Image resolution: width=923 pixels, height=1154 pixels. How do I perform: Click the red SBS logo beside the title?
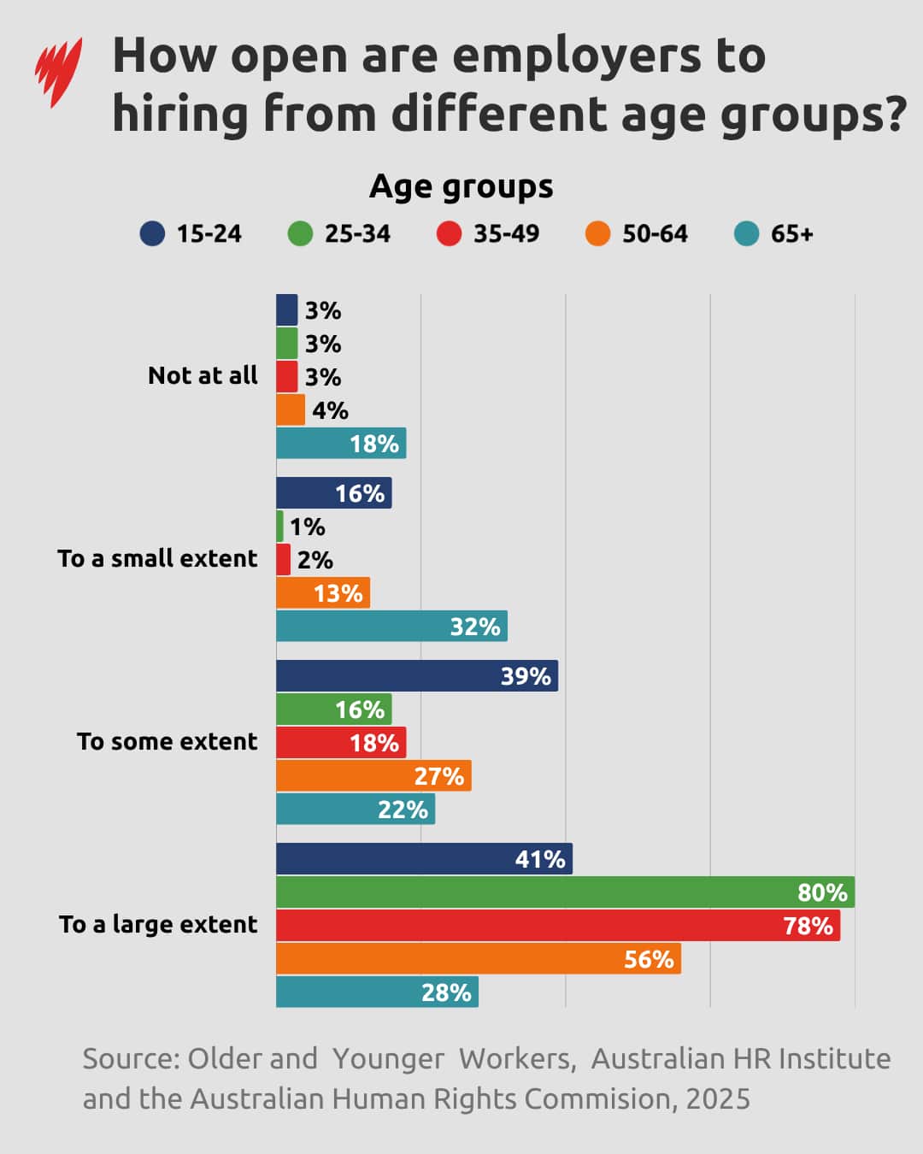point(58,72)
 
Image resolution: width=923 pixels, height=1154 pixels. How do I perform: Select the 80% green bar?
point(565,892)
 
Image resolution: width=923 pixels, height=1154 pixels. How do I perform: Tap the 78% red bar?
point(557,926)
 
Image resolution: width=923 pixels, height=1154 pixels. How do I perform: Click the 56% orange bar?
point(478,959)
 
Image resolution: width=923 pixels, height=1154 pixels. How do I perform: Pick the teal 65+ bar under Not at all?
point(340,444)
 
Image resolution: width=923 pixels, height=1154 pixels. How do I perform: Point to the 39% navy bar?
point(416,676)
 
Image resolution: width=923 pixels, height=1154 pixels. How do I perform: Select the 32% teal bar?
point(391,627)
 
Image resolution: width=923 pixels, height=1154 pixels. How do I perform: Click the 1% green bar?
point(279,527)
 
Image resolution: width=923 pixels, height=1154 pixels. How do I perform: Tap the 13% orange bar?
point(322,593)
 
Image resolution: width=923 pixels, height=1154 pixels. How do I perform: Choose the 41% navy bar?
point(424,859)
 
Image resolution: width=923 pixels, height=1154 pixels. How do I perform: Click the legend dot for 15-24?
point(152,233)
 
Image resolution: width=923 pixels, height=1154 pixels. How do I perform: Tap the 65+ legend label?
point(791,233)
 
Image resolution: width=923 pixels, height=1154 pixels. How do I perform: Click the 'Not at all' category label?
point(203,376)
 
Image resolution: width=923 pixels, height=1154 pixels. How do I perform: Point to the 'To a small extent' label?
point(157,559)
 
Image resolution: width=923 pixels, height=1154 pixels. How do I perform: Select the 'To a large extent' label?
point(158,925)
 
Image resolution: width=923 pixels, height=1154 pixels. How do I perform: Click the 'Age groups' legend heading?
point(461,186)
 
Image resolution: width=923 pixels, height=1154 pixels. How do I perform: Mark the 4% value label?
point(330,411)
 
